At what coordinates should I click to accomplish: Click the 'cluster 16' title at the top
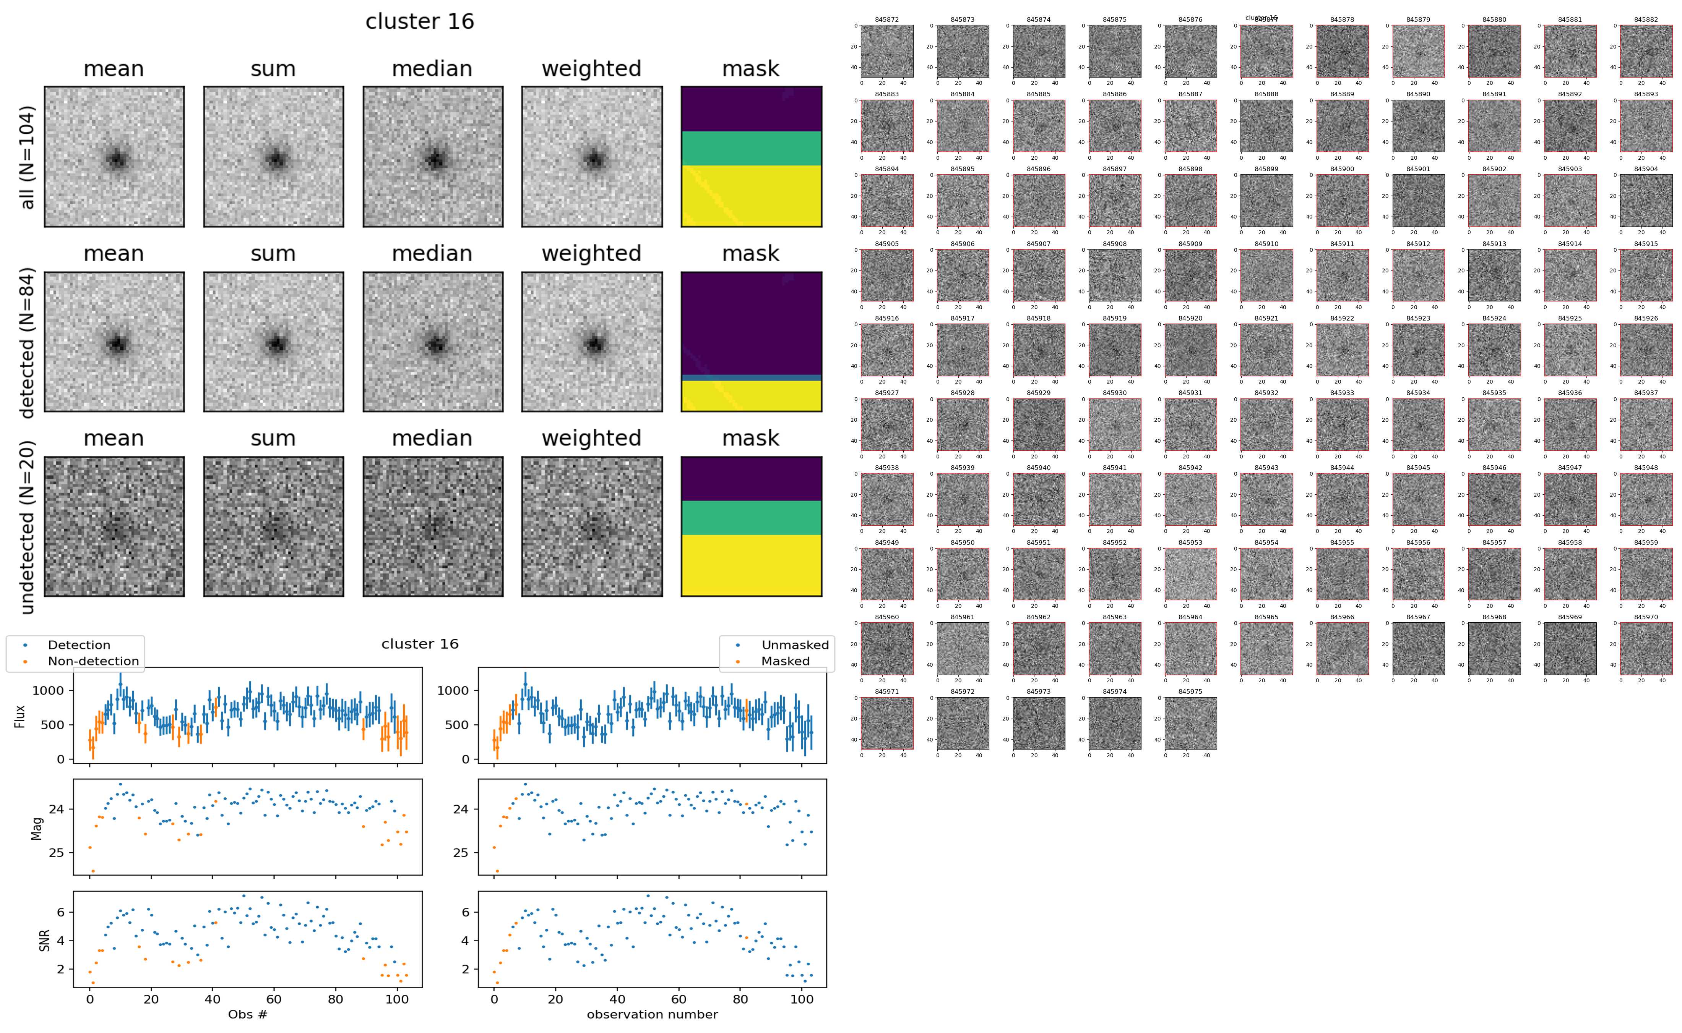pyautogui.click(x=420, y=22)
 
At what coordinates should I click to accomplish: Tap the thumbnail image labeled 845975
pyautogui.click(x=1190, y=723)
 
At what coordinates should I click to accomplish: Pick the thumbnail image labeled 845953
pyautogui.click(x=1190, y=574)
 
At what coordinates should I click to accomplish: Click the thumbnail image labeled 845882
pyautogui.click(x=1646, y=51)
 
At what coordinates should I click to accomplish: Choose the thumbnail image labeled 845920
pyautogui.click(x=1190, y=350)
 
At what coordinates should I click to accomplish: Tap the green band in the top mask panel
pyautogui.click(x=751, y=148)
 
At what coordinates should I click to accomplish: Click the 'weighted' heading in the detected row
pyautogui.click(x=591, y=253)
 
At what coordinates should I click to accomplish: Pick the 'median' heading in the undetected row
pyautogui.click(x=432, y=438)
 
